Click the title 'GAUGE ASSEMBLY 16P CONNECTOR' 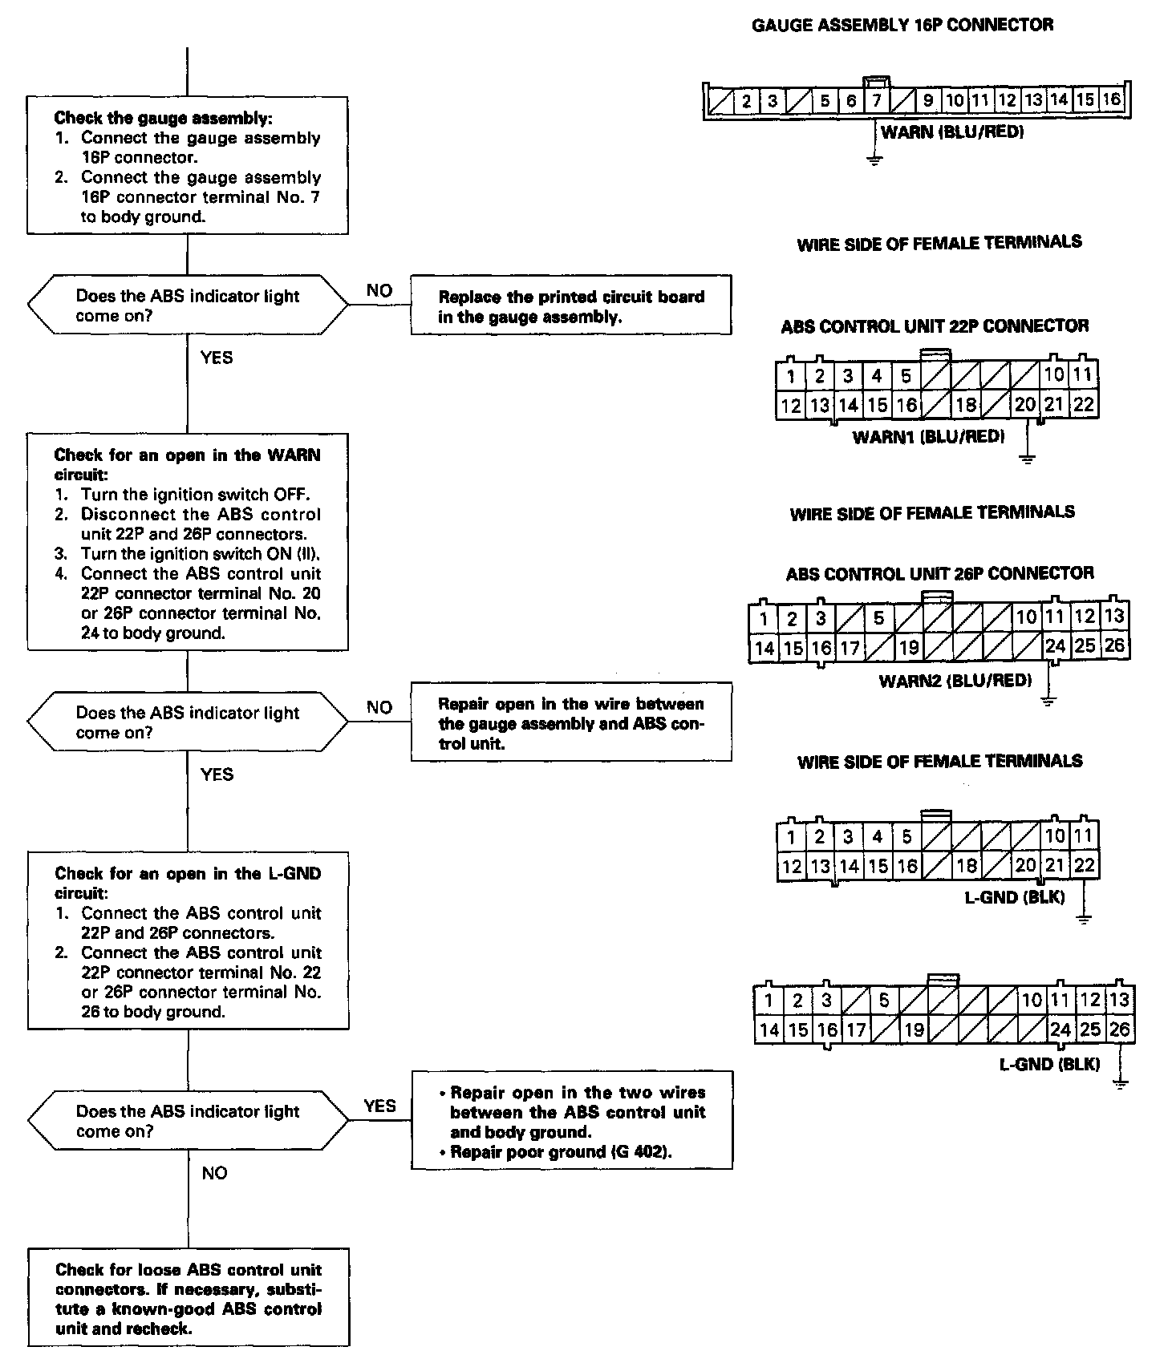click(x=902, y=26)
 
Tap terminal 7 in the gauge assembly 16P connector click(x=877, y=100)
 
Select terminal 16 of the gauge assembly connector click(x=1111, y=99)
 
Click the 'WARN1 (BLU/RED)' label click(x=928, y=437)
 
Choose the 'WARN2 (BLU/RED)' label click(x=955, y=681)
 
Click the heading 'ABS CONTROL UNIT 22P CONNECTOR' click(x=935, y=326)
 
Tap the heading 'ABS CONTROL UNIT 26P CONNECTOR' click(x=939, y=573)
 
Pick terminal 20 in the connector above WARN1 click(x=1025, y=405)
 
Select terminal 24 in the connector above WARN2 click(x=1056, y=646)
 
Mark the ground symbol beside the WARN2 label click(x=1048, y=701)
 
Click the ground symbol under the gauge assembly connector click(x=874, y=159)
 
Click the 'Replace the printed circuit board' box click(x=571, y=305)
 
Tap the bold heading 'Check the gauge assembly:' click(x=164, y=119)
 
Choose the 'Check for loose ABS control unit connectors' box click(x=189, y=1296)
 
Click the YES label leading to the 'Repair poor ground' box click(x=379, y=1106)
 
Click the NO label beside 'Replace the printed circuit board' click(x=379, y=290)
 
